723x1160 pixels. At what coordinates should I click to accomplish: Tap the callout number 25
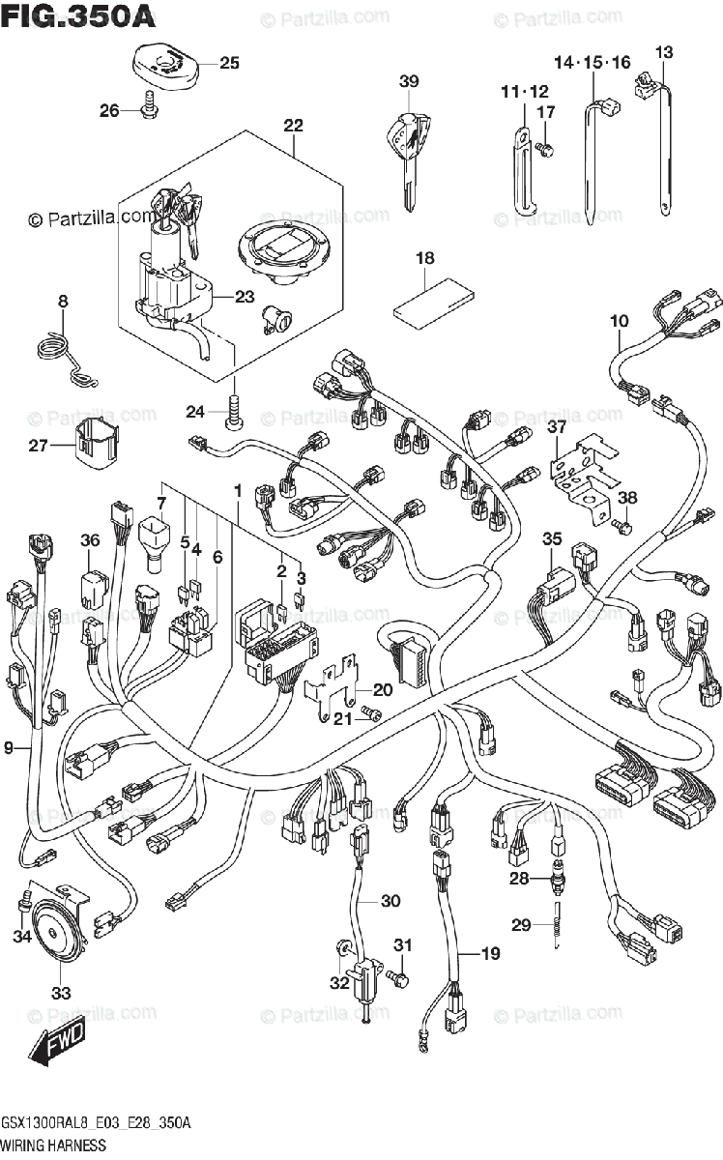point(229,63)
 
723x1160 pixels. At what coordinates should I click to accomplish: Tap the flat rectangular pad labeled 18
point(434,304)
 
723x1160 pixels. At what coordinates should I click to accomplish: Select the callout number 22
point(293,126)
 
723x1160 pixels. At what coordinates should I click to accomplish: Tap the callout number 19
point(491,953)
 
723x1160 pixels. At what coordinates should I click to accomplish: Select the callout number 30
point(390,901)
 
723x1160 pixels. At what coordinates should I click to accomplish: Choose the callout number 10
point(619,321)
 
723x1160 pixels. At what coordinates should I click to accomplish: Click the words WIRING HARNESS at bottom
point(54,1145)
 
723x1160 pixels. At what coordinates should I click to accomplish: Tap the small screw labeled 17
point(545,149)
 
